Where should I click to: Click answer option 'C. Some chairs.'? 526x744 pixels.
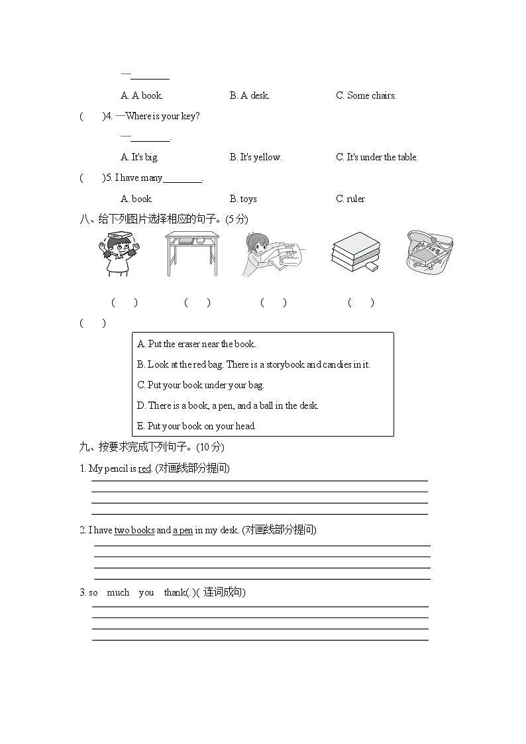(366, 95)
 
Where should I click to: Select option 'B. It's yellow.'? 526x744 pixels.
(256, 157)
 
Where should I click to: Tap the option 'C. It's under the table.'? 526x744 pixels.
(377, 157)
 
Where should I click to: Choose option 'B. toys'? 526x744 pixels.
(243, 199)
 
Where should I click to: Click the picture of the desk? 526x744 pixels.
(191, 253)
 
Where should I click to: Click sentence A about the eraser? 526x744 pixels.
(197, 344)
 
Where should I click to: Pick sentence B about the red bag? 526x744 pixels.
(254, 364)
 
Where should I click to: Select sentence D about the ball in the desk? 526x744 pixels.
(228, 405)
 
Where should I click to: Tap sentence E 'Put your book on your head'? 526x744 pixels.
(196, 426)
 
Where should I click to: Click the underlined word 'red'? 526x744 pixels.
(145, 469)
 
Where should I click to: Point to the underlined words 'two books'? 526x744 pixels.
(134, 530)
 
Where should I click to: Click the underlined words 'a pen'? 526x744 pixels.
(183, 530)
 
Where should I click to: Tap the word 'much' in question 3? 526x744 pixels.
(118, 592)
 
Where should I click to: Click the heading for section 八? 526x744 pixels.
(163, 219)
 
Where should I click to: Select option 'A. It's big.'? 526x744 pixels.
(140, 157)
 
